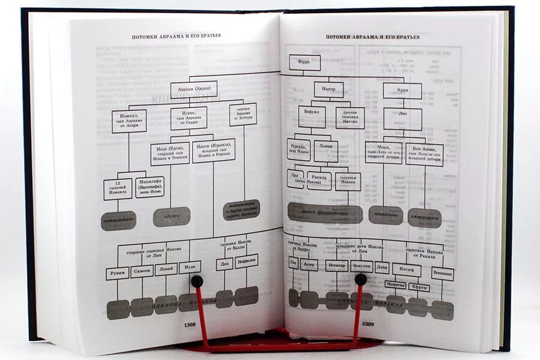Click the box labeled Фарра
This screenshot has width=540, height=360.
[305, 62]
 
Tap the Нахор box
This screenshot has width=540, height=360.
[329, 90]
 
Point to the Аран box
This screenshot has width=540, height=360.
[402, 91]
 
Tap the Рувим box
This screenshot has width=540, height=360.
[118, 274]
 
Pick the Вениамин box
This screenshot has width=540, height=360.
[442, 274]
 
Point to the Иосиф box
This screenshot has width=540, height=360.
[406, 270]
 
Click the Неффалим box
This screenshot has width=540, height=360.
[246, 261]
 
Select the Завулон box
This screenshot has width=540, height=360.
[361, 266]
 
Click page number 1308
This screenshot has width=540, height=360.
[190, 325]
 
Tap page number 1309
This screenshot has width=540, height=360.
[368, 324]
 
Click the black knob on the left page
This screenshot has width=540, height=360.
[196, 280]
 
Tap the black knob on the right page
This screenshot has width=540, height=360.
[361, 279]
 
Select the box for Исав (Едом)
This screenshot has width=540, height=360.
[170, 154]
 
